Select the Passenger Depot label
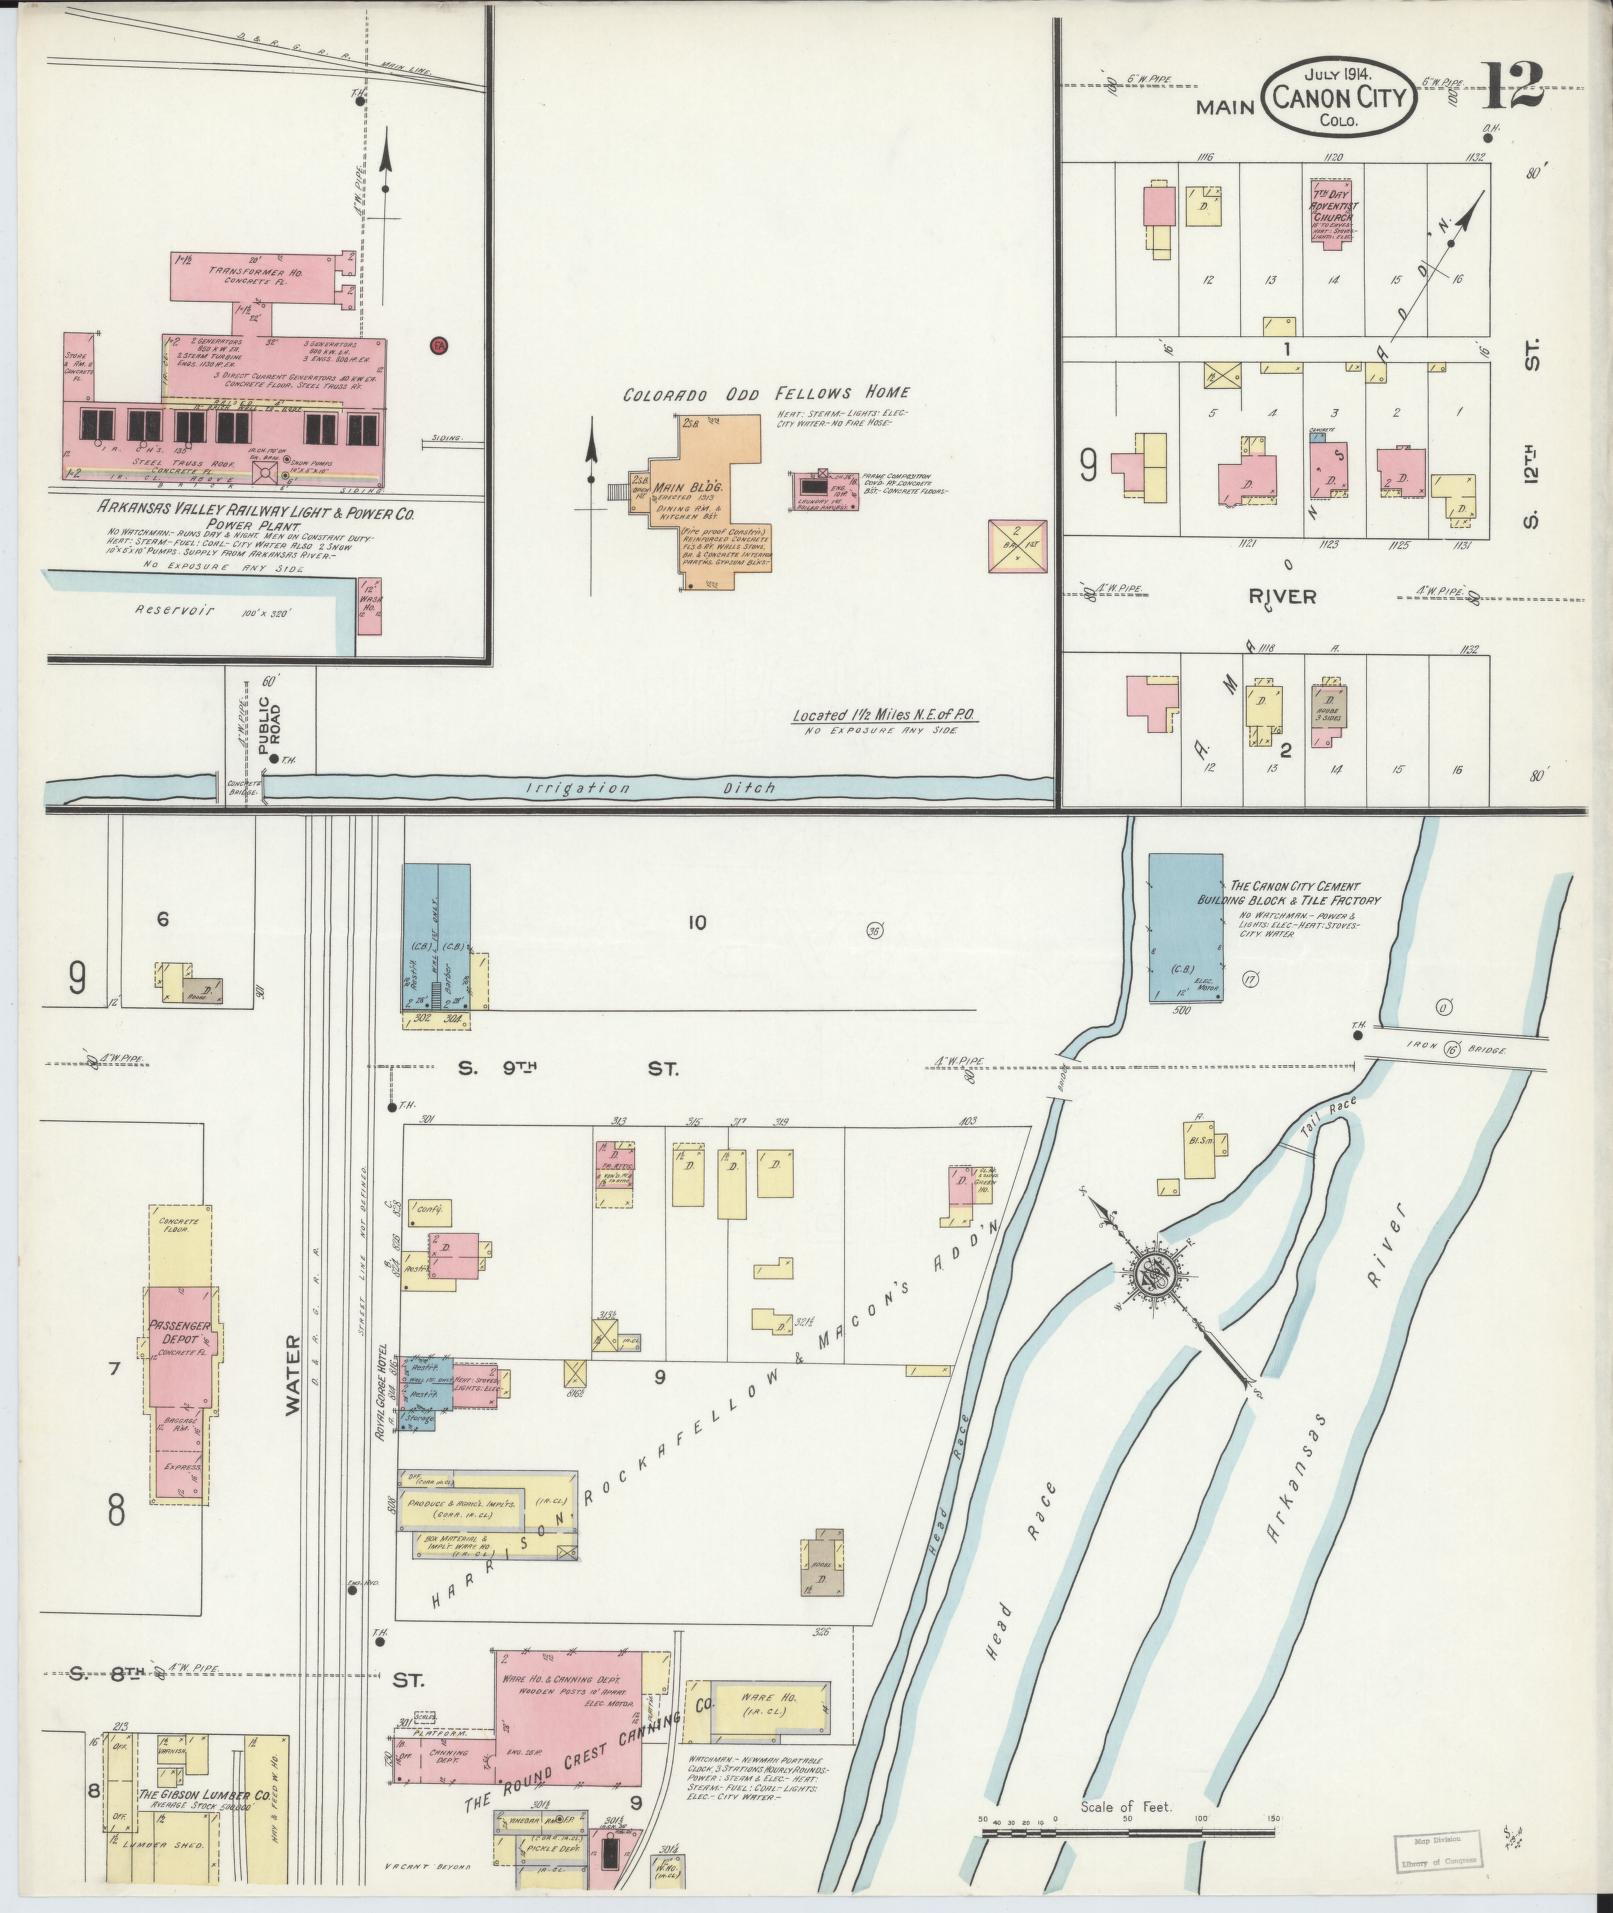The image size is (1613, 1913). [x=180, y=1337]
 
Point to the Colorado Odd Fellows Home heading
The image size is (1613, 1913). [x=766, y=393]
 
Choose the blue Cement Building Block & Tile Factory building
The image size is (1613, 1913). [x=1185, y=927]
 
